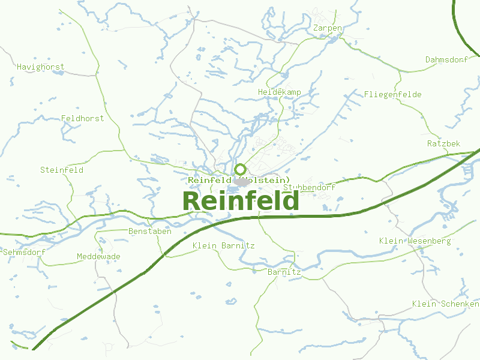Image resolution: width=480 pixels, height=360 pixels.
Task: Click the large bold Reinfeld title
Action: click(240, 201)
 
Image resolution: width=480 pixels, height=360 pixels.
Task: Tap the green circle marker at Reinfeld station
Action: click(240, 169)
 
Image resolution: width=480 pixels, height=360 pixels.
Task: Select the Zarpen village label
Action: click(328, 28)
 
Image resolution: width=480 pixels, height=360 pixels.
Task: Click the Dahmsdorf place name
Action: click(446, 59)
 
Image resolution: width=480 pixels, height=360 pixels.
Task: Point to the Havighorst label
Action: click(40, 67)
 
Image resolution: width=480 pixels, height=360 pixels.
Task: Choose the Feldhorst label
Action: click(82, 118)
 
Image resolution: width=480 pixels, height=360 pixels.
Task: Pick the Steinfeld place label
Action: click(61, 170)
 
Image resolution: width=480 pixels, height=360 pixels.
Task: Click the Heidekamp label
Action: click(279, 92)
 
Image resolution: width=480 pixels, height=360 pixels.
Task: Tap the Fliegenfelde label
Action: click(392, 94)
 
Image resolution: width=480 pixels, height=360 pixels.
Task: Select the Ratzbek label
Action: click(443, 143)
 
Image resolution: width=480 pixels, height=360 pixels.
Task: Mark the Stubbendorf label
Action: click(309, 187)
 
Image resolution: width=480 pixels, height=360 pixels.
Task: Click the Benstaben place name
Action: click(150, 231)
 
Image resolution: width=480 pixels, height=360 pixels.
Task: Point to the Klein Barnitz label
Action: click(223, 245)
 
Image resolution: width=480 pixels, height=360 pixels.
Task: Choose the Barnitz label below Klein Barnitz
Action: click(284, 272)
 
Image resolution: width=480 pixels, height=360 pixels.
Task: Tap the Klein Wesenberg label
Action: click(415, 241)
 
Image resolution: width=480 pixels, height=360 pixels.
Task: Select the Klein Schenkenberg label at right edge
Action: click(445, 304)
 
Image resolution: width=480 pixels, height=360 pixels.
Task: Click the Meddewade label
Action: click(98, 256)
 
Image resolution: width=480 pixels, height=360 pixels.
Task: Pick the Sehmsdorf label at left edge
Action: click(24, 252)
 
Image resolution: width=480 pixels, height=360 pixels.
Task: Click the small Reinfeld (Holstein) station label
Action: click(238, 180)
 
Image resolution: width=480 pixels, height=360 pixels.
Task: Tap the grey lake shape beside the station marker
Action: click(242, 182)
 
